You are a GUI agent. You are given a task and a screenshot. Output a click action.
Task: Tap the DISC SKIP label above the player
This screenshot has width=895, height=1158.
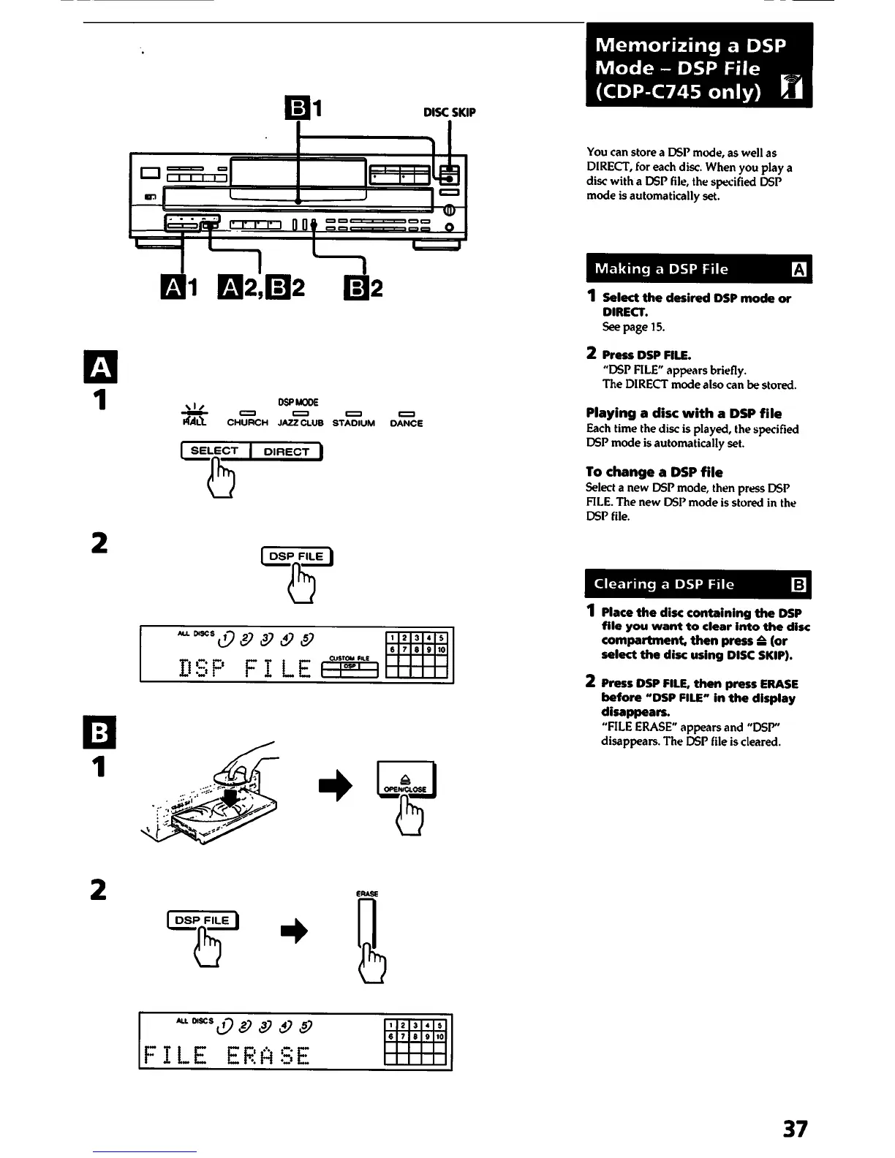pyautogui.click(x=449, y=113)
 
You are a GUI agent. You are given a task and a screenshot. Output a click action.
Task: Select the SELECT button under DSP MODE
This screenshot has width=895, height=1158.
pyautogui.click(x=214, y=451)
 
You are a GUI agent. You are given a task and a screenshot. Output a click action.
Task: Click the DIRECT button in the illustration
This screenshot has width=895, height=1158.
pyautogui.click(x=286, y=452)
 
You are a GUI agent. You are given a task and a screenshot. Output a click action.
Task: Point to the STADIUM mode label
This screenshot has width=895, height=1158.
pyautogui.click(x=353, y=423)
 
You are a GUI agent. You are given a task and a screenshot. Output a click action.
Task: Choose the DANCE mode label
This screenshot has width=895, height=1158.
pyautogui.click(x=406, y=423)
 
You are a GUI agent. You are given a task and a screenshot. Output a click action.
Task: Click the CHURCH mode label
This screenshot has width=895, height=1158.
pyautogui.click(x=247, y=423)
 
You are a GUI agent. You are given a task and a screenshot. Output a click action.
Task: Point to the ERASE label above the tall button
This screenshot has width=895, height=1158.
pyautogui.click(x=366, y=893)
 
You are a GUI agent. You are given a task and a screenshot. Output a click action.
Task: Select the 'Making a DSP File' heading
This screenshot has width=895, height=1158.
pyautogui.click(x=661, y=269)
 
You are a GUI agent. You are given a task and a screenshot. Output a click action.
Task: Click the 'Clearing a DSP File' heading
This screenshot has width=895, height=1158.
pyautogui.click(x=663, y=584)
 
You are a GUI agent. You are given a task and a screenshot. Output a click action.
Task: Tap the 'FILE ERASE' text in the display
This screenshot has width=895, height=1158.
pyautogui.click(x=227, y=1056)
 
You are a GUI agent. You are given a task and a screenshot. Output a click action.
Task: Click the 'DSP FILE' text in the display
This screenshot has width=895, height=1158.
pyautogui.click(x=245, y=667)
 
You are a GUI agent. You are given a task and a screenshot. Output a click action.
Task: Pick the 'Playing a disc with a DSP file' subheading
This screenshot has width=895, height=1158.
pyautogui.click(x=683, y=414)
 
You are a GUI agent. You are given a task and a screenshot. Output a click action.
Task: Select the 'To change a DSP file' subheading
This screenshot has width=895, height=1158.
pyautogui.click(x=654, y=472)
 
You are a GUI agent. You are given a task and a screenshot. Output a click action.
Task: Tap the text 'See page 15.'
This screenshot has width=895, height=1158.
pyautogui.click(x=632, y=327)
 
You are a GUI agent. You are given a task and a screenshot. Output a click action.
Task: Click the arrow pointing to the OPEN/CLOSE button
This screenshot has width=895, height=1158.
pyautogui.click(x=336, y=786)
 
